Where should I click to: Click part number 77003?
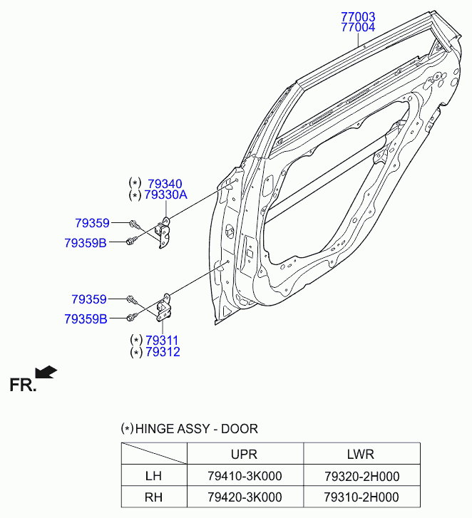357,16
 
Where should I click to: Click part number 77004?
357,28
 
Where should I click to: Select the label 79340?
165,184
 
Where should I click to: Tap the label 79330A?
165,195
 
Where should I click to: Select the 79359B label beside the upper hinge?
85,243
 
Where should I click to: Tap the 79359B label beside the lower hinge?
86,319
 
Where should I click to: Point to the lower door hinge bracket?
165,308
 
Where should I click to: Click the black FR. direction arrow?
46,371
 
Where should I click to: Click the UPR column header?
244,454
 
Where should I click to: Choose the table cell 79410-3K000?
245,476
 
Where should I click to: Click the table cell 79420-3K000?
245,497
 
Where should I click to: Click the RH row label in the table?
153,497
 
